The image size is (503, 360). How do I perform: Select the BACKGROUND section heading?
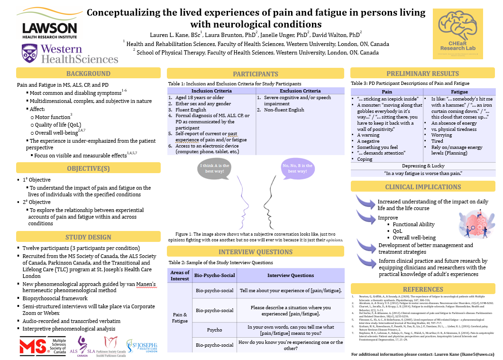pyautogui.click(x=88, y=74)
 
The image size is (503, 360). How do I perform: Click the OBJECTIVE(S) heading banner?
pyautogui.click(x=88, y=168)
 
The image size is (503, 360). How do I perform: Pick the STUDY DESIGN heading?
pyautogui.click(x=88, y=237)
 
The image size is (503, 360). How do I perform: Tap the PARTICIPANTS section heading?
pyautogui.click(x=255, y=74)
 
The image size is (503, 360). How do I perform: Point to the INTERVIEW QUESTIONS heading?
pyautogui.click(x=255, y=252)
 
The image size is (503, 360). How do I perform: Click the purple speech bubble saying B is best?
pyautogui.click(x=297, y=168)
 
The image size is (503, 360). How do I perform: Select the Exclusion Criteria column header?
pyautogui.click(x=300, y=91)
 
